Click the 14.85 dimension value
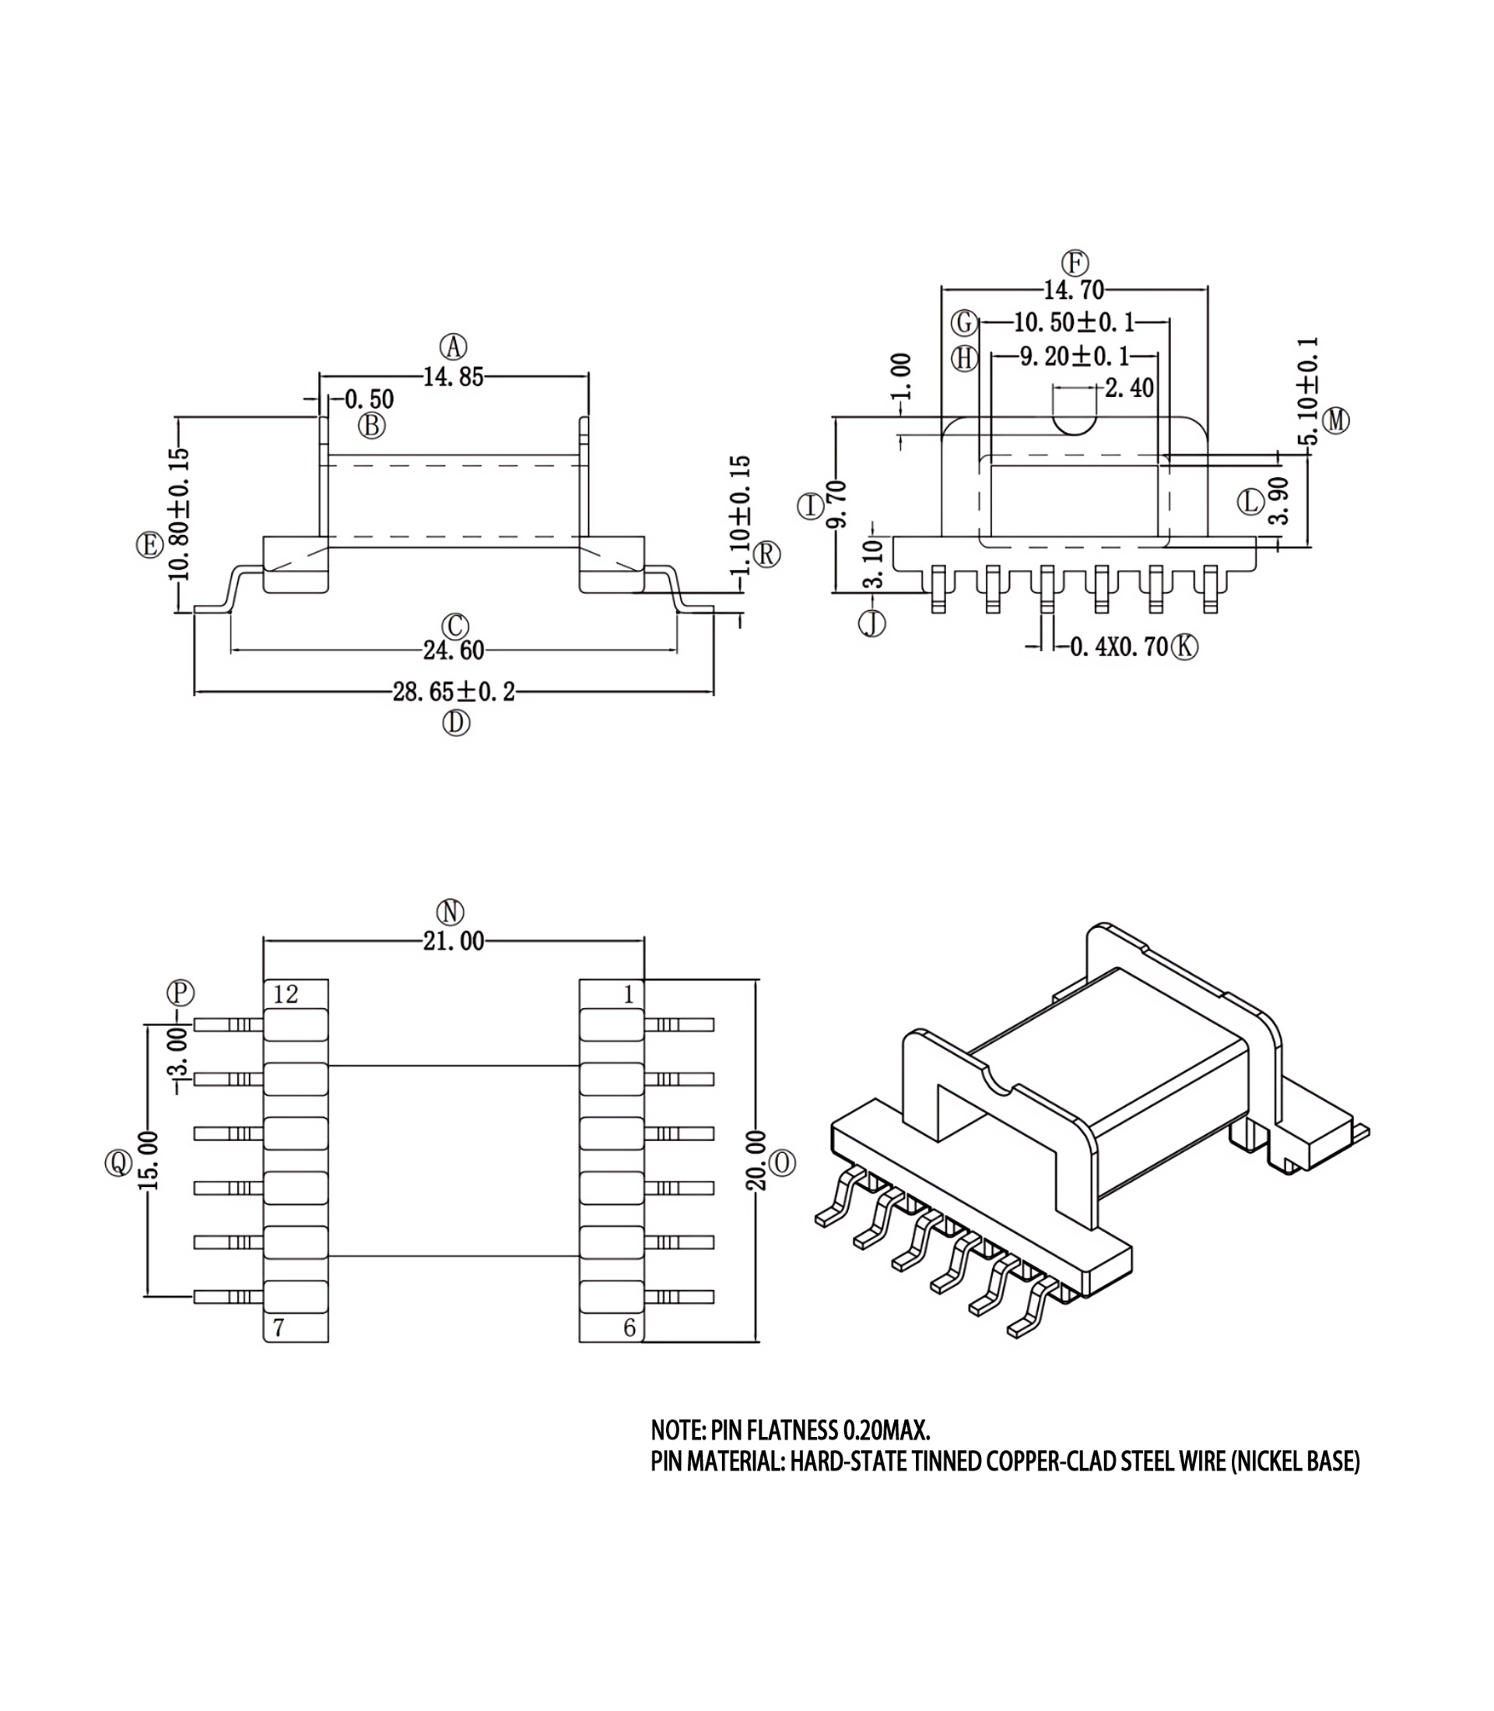coord(453,377)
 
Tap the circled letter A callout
coord(454,346)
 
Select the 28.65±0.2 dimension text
coord(454,692)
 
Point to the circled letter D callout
coord(456,723)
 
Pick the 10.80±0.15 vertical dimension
coord(179,515)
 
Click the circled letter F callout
coord(1075,263)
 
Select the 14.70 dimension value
coord(1074,290)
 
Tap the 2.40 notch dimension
coord(1130,388)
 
